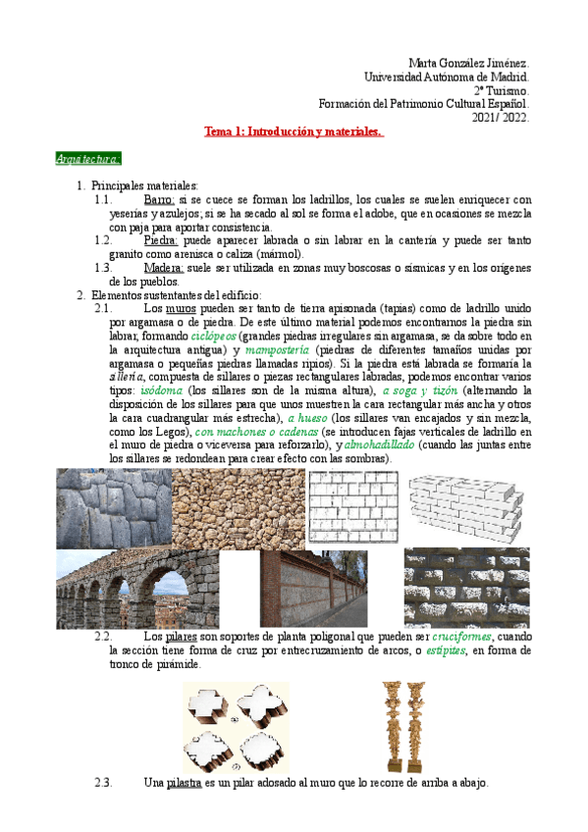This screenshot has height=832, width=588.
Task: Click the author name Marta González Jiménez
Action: click(x=468, y=62)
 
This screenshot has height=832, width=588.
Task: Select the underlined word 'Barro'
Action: click(x=159, y=199)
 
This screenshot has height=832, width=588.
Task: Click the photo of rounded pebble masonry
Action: click(x=238, y=507)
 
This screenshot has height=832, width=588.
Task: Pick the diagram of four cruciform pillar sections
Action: click(x=237, y=726)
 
